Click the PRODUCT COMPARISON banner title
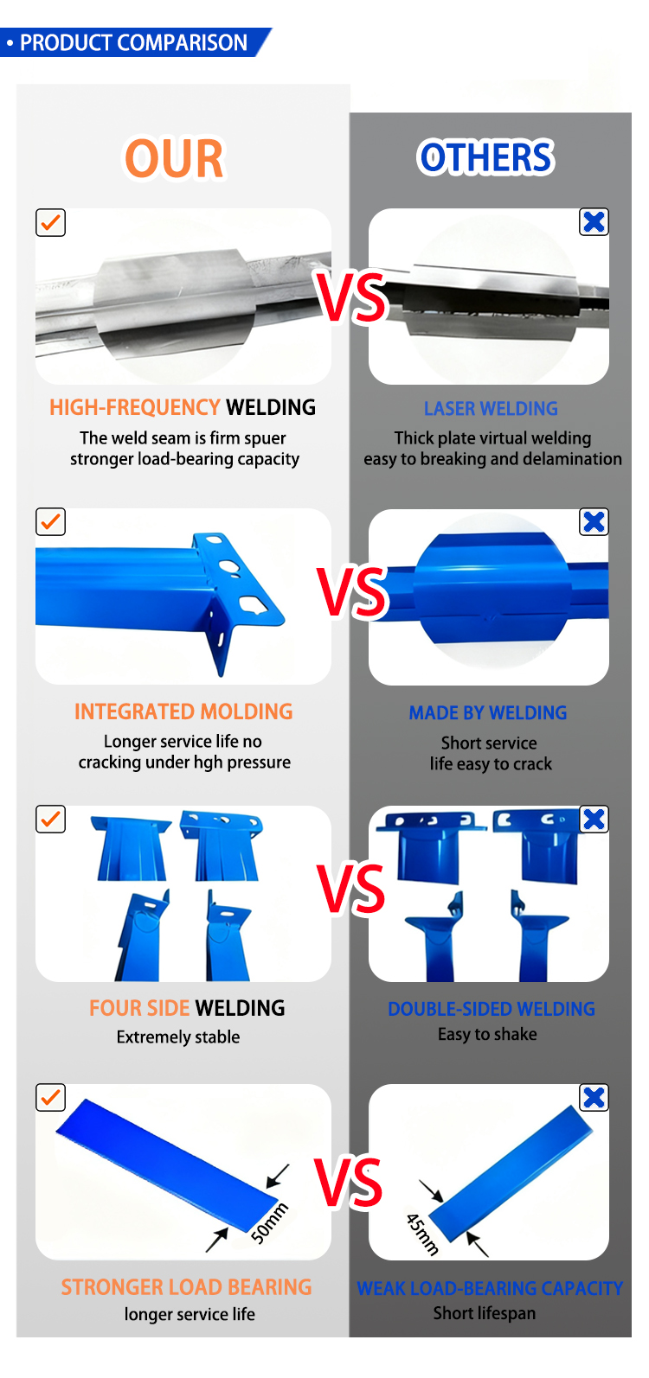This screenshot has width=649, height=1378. [x=133, y=42]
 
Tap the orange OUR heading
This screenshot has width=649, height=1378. [x=174, y=159]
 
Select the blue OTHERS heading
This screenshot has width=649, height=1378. [x=486, y=156]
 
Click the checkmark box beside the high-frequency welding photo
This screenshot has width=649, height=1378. [x=50, y=222]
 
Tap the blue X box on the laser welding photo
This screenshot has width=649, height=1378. [x=594, y=221]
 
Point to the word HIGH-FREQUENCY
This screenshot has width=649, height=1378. [x=134, y=407]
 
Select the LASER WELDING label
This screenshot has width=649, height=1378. [x=491, y=409]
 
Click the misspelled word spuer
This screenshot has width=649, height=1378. [x=264, y=438]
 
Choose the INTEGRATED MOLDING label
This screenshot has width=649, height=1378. [x=183, y=711]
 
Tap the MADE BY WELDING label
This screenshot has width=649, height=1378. [x=488, y=713]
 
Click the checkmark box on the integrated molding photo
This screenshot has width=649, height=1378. [x=50, y=521]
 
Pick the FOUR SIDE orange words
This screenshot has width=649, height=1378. [x=139, y=1008]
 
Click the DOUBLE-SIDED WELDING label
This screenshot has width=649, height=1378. [x=492, y=1009]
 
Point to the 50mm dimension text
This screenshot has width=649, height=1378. [x=270, y=1223]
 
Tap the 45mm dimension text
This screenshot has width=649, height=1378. [x=422, y=1234]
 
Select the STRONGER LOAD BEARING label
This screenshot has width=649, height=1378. [x=186, y=1287]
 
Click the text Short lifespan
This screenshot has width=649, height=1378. [x=484, y=1313]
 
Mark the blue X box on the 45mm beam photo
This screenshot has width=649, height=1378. [x=594, y=1098]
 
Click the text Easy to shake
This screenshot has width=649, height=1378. [x=487, y=1034]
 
